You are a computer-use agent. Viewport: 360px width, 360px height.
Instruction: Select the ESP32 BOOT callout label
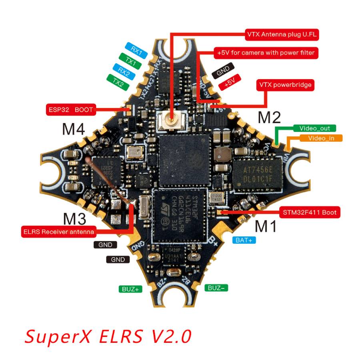(70, 109)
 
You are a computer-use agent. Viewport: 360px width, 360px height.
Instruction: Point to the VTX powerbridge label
(285, 85)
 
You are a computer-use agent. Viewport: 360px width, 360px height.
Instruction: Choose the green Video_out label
(314, 128)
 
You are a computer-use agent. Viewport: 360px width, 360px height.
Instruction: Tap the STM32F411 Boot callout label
(310, 213)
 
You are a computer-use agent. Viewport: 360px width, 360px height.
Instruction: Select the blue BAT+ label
(244, 240)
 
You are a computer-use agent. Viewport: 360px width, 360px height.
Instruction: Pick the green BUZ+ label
(130, 289)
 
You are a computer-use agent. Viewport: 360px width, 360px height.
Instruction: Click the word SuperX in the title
(58, 336)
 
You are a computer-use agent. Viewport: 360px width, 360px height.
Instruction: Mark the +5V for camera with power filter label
(266, 53)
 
